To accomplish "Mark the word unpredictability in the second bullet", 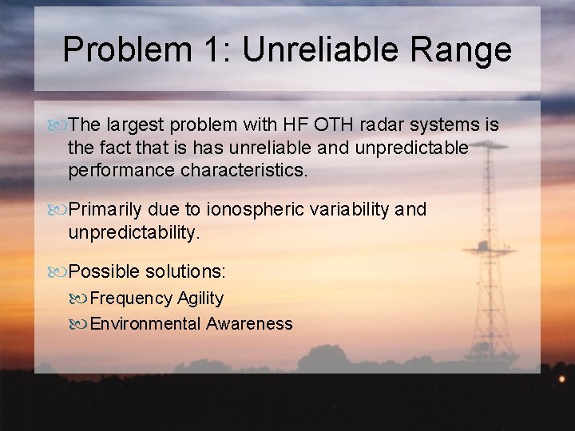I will coord(132,232).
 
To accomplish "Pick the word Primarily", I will coord(107,210).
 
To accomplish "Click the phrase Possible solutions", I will coord(147,272).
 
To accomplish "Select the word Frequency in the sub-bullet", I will coord(131,299).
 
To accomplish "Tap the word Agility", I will coord(200,299).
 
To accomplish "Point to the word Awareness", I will coord(249,324).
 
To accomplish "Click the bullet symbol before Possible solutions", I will coord(59,272).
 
